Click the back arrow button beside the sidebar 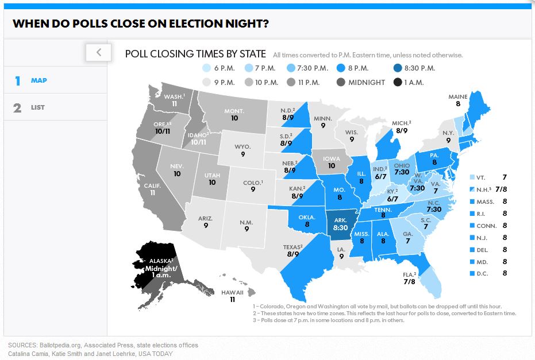click(98, 52)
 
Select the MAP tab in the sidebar click(39, 80)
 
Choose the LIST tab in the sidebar click(37, 107)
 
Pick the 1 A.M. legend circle click(398, 82)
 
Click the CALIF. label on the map click(152, 189)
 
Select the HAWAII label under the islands click(233, 296)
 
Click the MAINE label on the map click(458, 100)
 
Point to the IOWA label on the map click(330, 161)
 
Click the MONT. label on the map click(234, 114)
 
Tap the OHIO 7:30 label click(402, 168)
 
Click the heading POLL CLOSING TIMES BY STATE click(195, 54)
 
